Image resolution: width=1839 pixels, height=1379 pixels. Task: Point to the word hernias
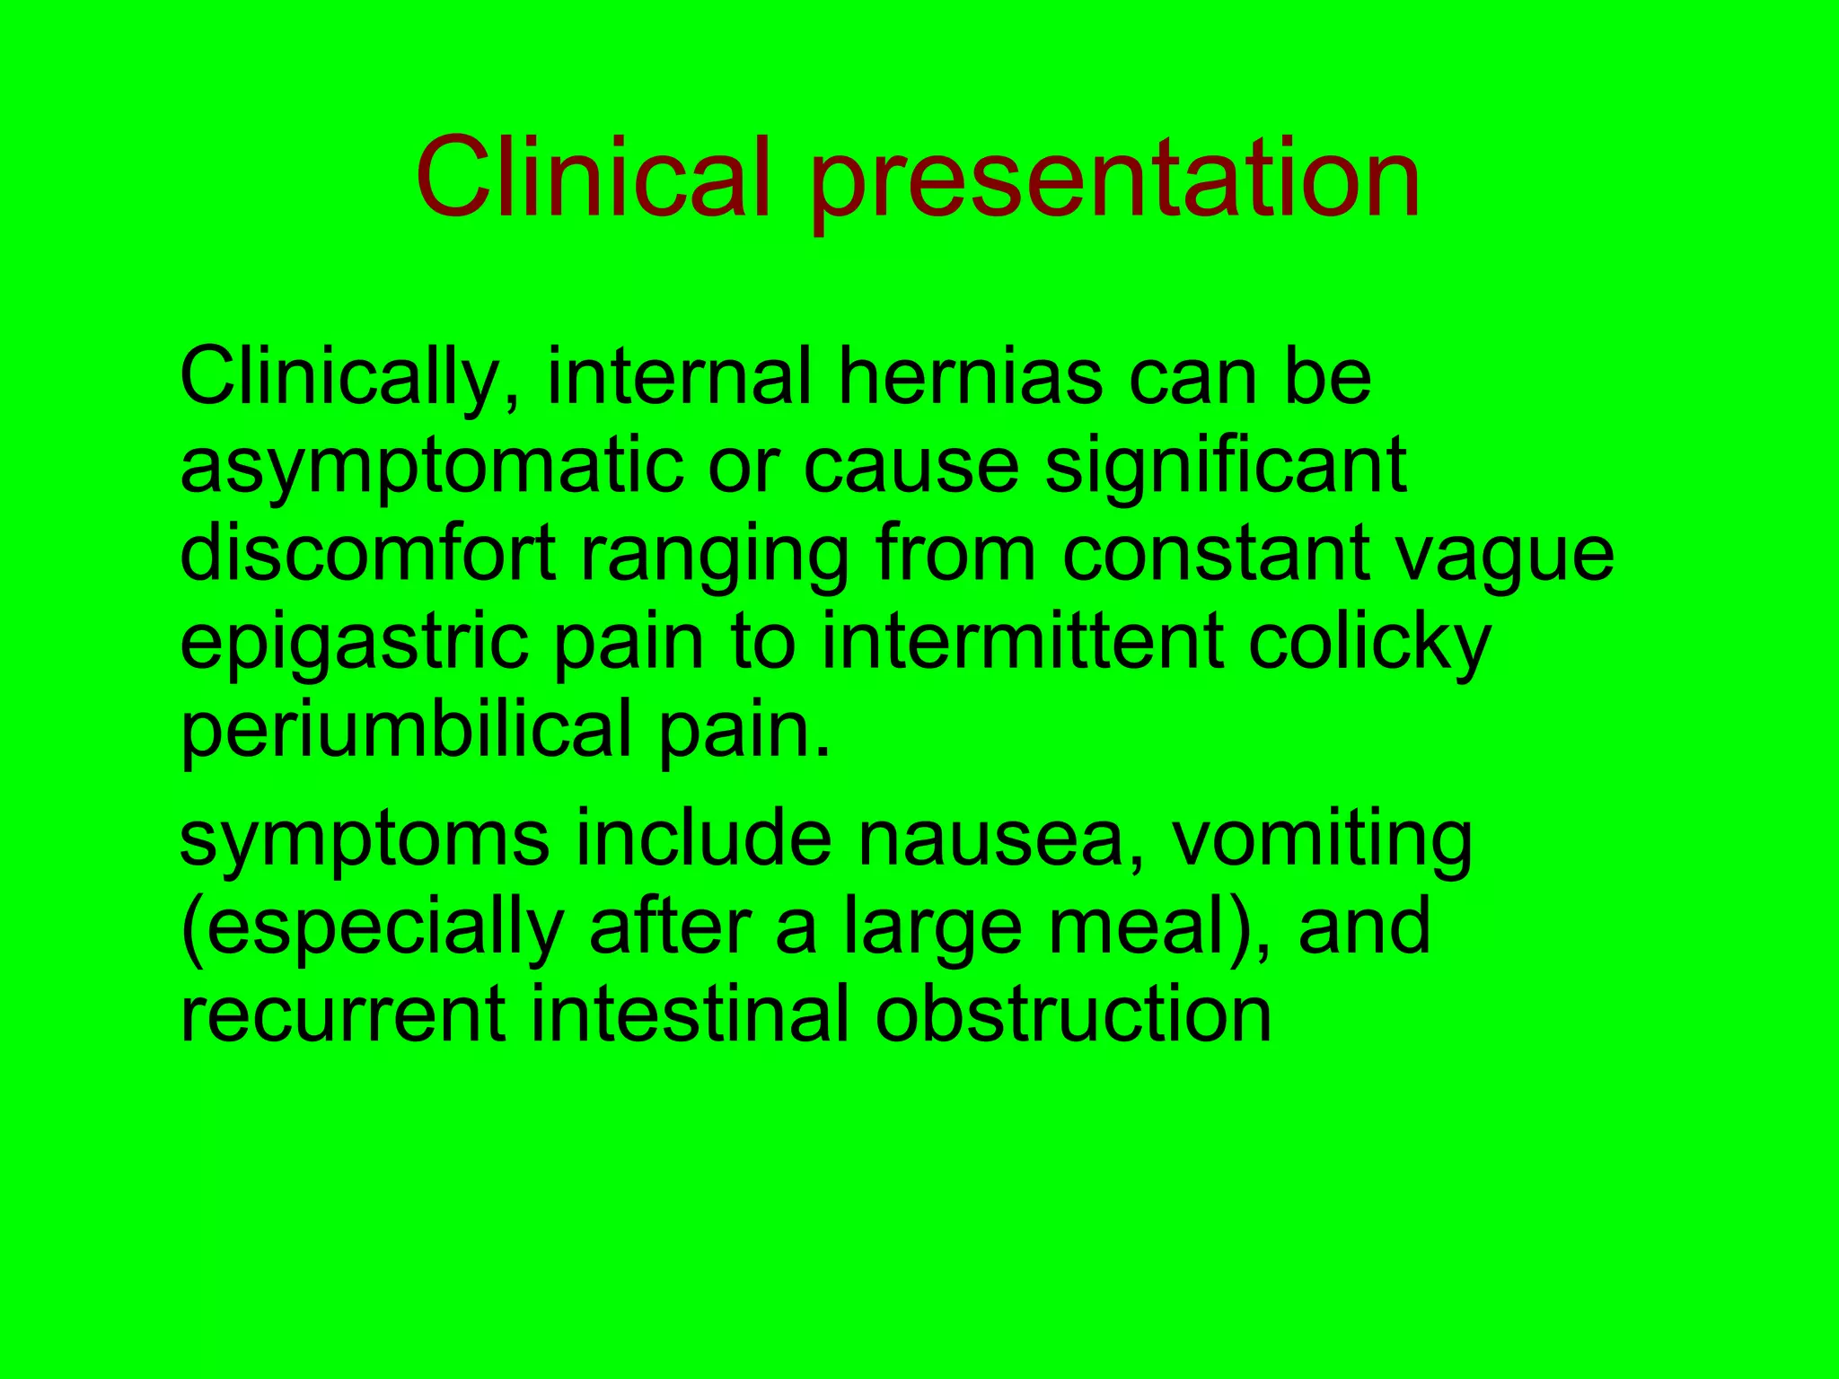click(x=971, y=377)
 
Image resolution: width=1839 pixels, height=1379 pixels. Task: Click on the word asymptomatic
click(x=432, y=467)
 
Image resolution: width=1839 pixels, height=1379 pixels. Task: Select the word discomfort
click(x=369, y=553)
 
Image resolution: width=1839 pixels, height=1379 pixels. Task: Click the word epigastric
click(x=355, y=643)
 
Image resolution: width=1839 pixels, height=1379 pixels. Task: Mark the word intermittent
click(x=1023, y=641)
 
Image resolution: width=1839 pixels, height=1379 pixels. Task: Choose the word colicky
click(x=1370, y=643)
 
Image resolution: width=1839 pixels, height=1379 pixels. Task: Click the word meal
click(x=1148, y=927)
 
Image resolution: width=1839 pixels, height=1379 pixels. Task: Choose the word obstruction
click(x=1073, y=1014)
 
